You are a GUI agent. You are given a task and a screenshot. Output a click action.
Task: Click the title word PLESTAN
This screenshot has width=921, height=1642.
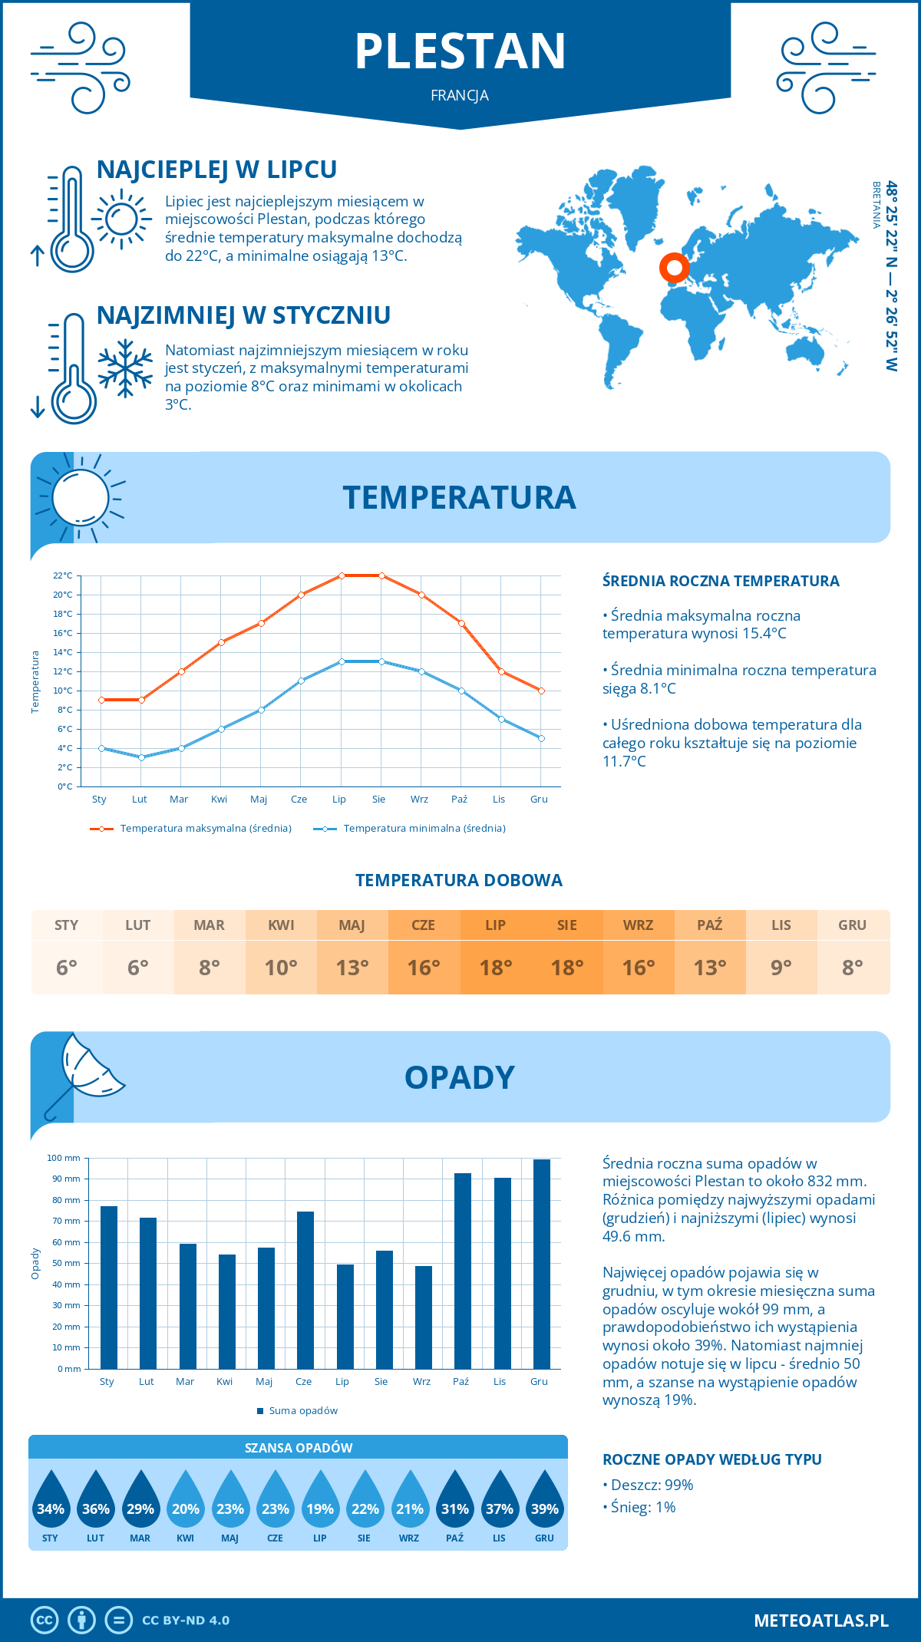[460, 51]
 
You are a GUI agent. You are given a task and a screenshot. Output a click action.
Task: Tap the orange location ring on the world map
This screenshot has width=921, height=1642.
[674, 268]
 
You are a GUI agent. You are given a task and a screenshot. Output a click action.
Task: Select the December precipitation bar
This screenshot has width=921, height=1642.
[541, 1264]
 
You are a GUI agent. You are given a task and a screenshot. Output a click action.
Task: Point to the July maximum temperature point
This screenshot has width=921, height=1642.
[342, 575]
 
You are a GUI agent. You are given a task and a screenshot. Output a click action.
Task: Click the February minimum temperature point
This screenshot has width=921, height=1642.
[141, 757]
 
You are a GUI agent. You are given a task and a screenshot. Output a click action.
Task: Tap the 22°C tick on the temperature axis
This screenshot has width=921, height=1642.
[63, 575]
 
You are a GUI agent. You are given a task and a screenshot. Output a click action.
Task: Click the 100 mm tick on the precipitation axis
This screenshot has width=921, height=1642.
[64, 1158]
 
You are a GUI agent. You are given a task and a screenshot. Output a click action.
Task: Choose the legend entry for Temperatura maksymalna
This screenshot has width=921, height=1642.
[205, 829]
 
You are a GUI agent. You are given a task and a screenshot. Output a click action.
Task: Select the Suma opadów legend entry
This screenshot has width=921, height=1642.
[302, 1411]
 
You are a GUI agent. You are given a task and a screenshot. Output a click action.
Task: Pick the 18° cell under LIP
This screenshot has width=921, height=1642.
[495, 968]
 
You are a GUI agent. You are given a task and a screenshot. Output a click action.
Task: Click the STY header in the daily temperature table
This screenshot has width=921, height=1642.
[67, 925]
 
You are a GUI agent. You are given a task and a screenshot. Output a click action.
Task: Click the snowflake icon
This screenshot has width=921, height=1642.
[125, 368]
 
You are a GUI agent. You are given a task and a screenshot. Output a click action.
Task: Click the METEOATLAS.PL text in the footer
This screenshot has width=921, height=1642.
[820, 1621]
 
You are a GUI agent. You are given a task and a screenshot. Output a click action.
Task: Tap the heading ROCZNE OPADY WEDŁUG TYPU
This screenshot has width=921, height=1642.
[711, 1459]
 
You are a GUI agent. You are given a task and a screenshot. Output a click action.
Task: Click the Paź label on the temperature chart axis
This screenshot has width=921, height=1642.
[459, 800]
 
